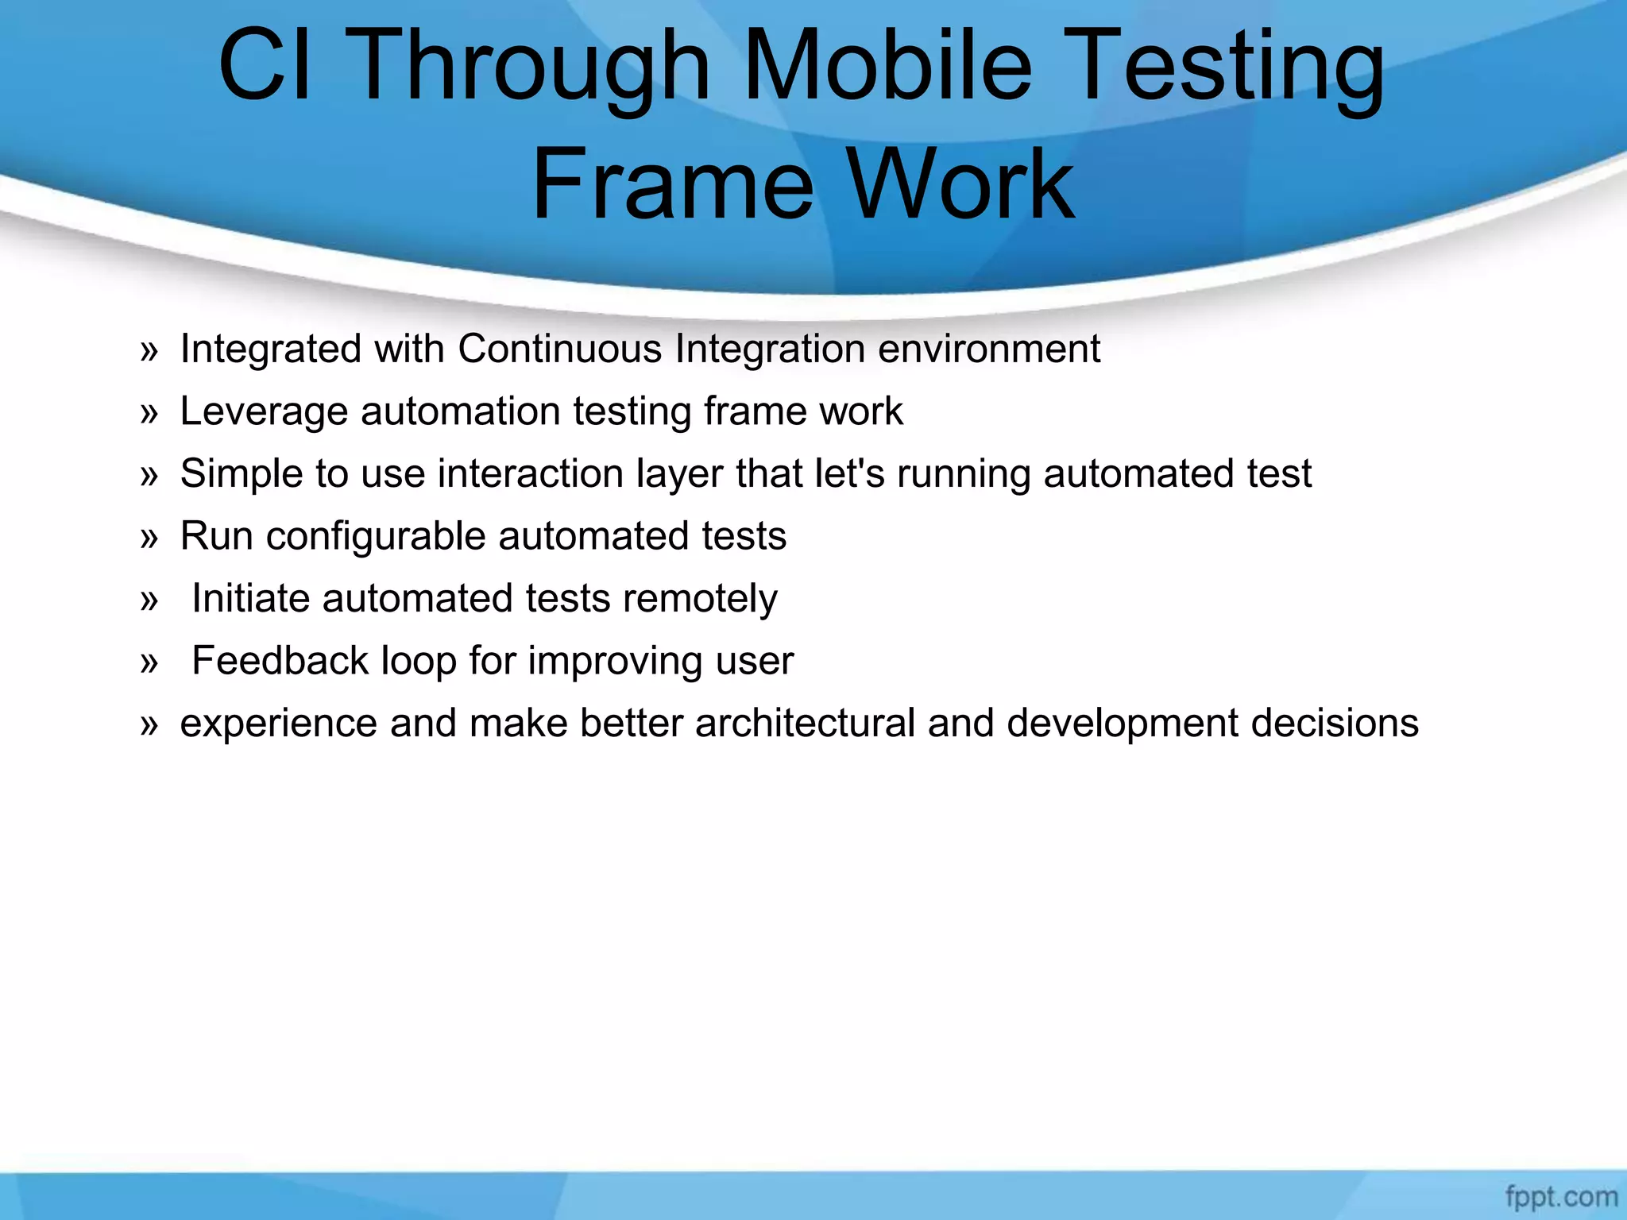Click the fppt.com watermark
pyautogui.click(x=1560, y=1196)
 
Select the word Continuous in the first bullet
pyautogui.click(x=559, y=349)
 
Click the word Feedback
pyautogui.click(x=280, y=661)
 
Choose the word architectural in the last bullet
pyautogui.click(x=805, y=723)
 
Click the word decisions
pyautogui.click(x=1335, y=723)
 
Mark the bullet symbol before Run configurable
pyautogui.click(x=149, y=539)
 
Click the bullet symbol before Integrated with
pyautogui.click(x=149, y=351)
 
